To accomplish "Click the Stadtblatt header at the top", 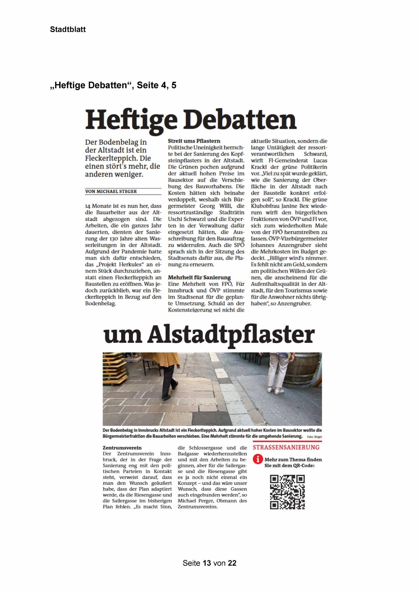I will (68, 29).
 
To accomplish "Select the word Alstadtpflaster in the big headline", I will (231, 335).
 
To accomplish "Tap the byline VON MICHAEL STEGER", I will (111, 191).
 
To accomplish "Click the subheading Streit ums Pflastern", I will (194, 141).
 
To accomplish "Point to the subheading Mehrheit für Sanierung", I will (199, 277).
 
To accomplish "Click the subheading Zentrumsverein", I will (122, 448).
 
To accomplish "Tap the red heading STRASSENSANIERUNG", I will (286, 447).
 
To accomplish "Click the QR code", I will (287, 492).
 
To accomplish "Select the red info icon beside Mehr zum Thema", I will (258, 459).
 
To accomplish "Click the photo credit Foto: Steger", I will (314, 437).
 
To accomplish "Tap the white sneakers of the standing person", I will (275, 391).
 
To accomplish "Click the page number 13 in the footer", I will (207, 563).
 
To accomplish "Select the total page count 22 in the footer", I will (232, 563).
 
